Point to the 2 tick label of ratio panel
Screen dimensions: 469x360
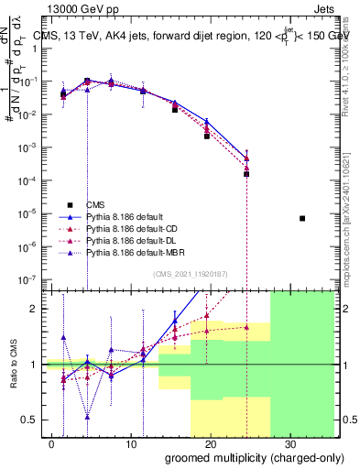pos(40,309)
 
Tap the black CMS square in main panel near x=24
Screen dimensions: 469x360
pos(246,173)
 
